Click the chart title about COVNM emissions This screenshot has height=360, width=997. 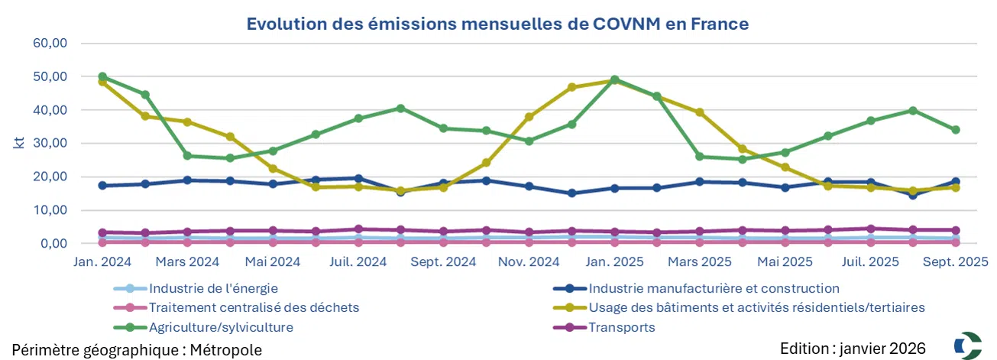click(x=497, y=24)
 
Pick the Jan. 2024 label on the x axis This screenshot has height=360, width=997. click(x=102, y=261)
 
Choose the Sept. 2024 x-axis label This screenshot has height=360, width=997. click(x=443, y=261)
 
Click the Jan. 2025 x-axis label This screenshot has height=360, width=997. click(x=614, y=261)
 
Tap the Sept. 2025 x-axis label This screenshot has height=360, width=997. click(x=955, y=261)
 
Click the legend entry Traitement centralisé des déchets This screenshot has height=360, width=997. click(x=254, y=308)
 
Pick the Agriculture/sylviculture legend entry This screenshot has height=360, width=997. click(x=221, y=327)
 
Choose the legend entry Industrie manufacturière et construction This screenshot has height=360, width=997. click(x=714, y=289)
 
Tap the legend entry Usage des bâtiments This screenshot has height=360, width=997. click(x=756, y=308)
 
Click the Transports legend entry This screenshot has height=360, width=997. click(x=622, y=327)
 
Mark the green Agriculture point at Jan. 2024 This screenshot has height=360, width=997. click(x=102, y=77)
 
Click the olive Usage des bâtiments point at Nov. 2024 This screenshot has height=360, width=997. click(x=529, y=117)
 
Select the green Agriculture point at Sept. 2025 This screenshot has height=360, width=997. click(x=955, y=130)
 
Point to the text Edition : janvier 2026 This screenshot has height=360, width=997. click(x=853, y=349)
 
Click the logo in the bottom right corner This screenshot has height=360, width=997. click(x=968, y=345)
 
